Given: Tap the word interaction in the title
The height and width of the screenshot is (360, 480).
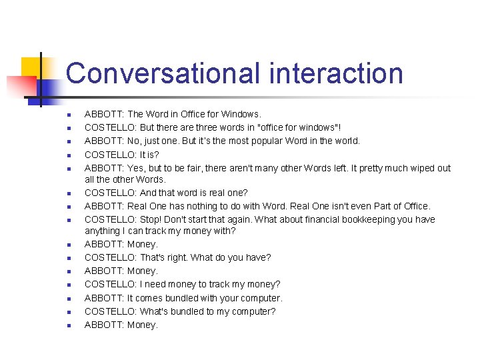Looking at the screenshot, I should click(x=336, y=73).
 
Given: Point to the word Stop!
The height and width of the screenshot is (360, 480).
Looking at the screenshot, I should click(x=153, y=219).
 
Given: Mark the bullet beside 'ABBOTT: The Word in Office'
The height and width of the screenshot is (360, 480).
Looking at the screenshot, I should click(x=68, y=115).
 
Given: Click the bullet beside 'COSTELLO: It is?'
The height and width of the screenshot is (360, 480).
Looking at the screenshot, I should click(x=68, y=155).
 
